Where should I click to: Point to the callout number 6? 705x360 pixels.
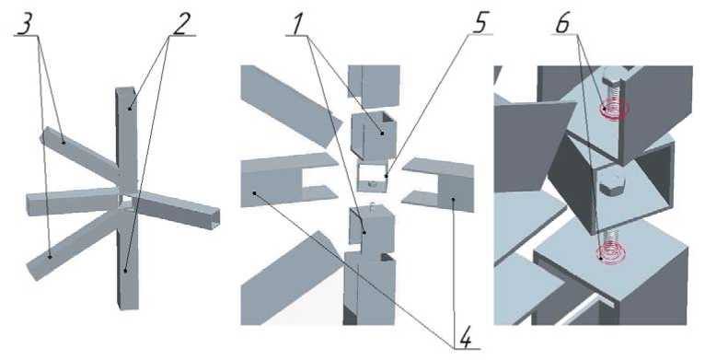coord(562,24)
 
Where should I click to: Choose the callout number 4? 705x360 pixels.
coord(466,340)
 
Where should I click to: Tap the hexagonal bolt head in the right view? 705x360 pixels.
coord(609,185)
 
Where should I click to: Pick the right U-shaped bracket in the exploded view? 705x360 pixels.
coord(438,184)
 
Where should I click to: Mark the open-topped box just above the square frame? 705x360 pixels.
coord(373,135)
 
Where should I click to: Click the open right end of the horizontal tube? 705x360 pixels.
coord(215,218)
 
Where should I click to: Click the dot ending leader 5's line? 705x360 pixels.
coord(386,177)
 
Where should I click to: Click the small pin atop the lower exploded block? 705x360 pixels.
coord(372,206)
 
